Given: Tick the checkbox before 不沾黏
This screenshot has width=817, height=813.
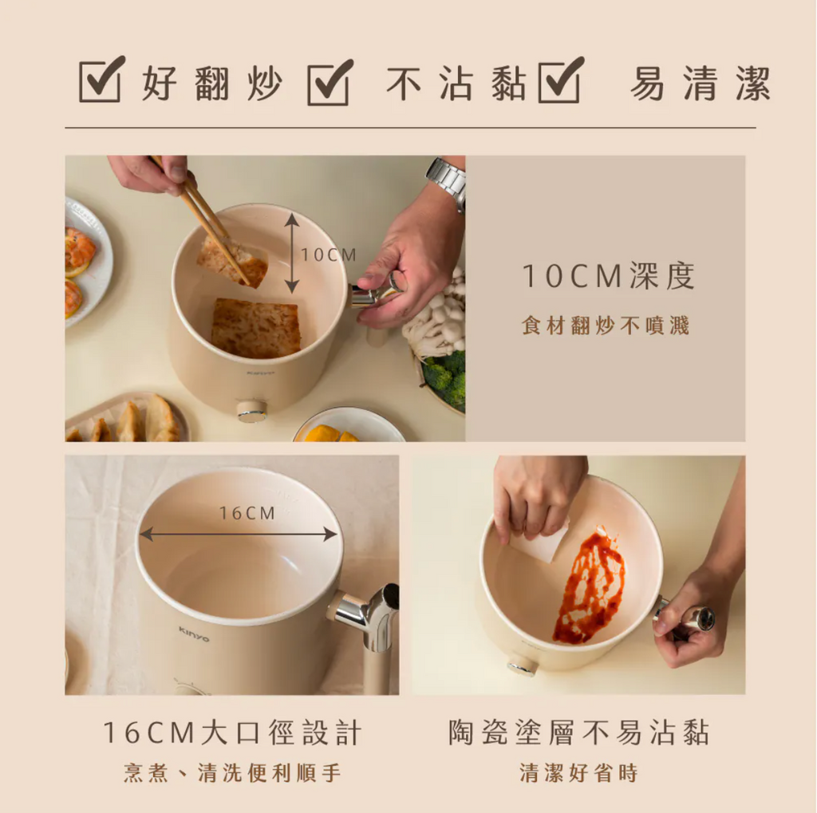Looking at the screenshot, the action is click(330, 82).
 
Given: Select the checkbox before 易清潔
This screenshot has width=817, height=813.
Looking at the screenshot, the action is click(561, 80).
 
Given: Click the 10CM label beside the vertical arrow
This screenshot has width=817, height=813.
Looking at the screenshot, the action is click(329, 255).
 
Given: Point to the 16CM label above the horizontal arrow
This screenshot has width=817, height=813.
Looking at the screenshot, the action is click(247, 513).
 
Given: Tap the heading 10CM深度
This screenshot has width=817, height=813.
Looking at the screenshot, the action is click(608, 276).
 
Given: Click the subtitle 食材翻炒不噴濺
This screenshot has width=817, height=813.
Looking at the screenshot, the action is click(606, 326).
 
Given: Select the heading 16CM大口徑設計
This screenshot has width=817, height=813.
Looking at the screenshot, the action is click(232, 732).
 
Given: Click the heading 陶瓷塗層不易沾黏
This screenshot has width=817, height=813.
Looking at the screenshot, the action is click(579, 732).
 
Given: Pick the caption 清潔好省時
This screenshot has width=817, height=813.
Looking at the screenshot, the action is click(579, 772).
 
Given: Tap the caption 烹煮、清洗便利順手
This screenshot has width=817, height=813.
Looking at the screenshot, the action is click(232, 772).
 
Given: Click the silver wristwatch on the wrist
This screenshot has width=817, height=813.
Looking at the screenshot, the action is click(447, 183).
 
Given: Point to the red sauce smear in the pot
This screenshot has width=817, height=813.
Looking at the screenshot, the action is click(590, 586).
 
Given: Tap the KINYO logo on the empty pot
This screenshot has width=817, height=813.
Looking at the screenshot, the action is click(194, 634).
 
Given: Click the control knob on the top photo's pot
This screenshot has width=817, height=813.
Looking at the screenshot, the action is click(251, 411).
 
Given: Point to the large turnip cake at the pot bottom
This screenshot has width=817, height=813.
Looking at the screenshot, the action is click(256, 328).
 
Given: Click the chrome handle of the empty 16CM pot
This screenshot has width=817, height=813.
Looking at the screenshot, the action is click(367, 615).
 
